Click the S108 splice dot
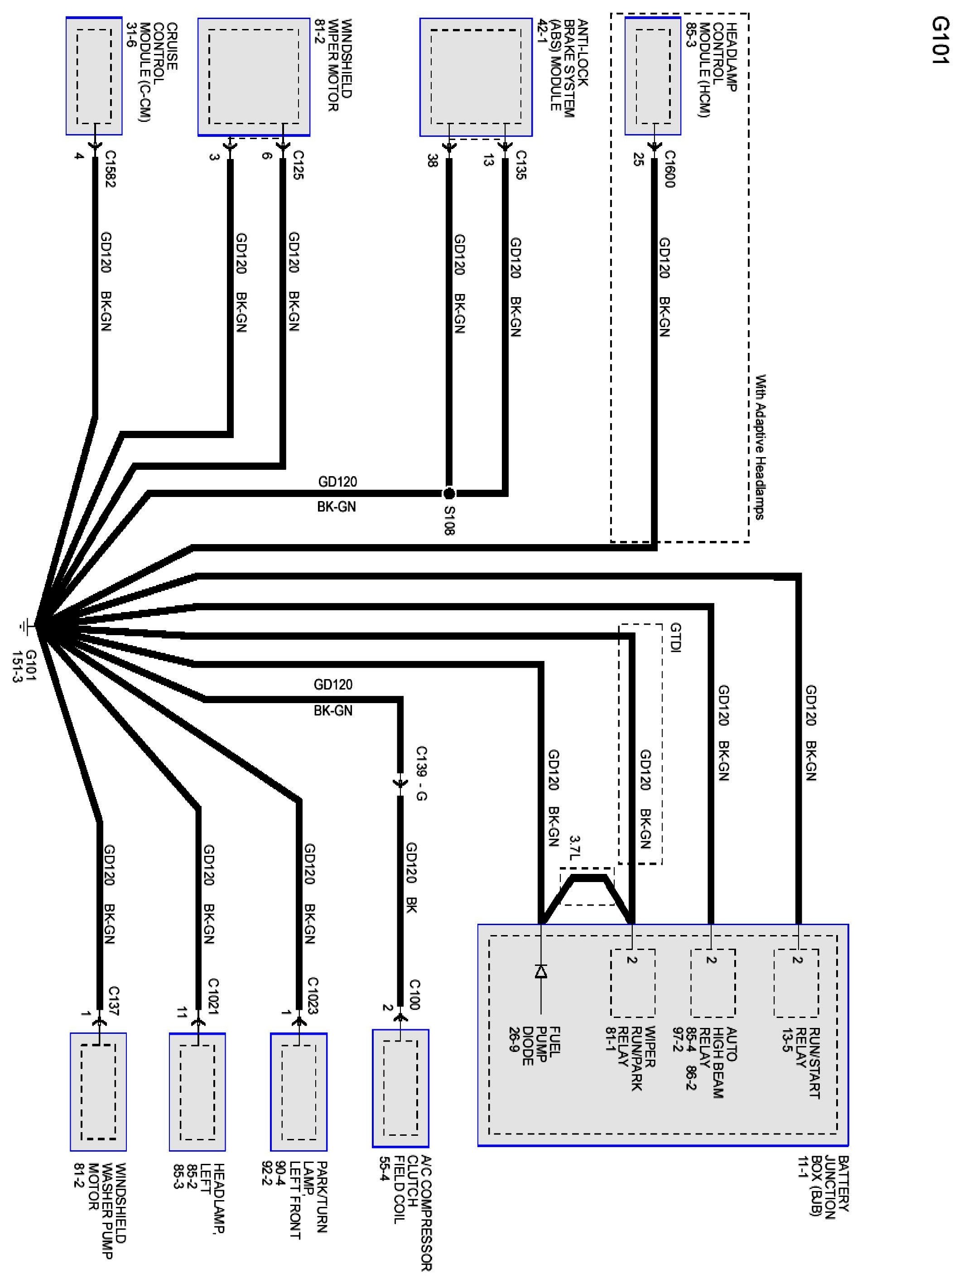click(x=448, y=494)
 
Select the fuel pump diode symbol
click(x=540, y=971)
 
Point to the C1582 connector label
click(x=110, y=169)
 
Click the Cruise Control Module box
click(x=94, y=76)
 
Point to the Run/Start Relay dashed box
click(x=796, y=983)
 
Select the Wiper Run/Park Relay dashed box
click(x=633, y=983)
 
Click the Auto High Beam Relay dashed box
click(x=712, y=983)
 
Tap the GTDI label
click(x=675, y=637)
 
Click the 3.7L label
click(x=574, y=848)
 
